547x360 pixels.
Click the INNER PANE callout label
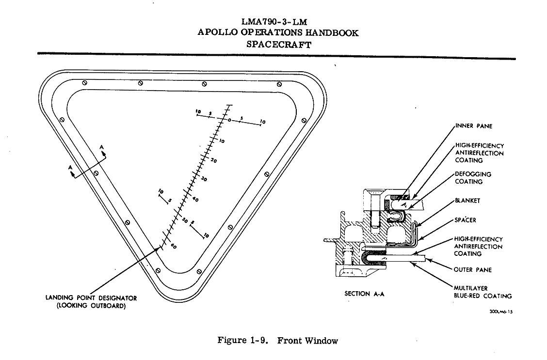(474, 126)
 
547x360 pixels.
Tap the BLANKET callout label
(467, 200)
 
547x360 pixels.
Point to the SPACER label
(465, 220)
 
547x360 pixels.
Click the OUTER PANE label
(474, 269)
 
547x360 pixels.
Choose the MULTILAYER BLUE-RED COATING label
(483, 292)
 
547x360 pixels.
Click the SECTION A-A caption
(364, 294)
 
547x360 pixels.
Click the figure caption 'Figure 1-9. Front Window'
(277, 341)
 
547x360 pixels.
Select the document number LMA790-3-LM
(277, 22)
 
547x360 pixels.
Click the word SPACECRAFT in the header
(278, 44)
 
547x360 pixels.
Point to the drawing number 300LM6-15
(500, 312)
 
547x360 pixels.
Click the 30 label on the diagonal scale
(204, 179)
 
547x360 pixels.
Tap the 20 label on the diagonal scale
(214, 160)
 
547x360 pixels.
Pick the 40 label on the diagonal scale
(195, 199)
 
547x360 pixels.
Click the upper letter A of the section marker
(101, 146)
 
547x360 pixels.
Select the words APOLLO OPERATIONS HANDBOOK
(278, 33)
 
